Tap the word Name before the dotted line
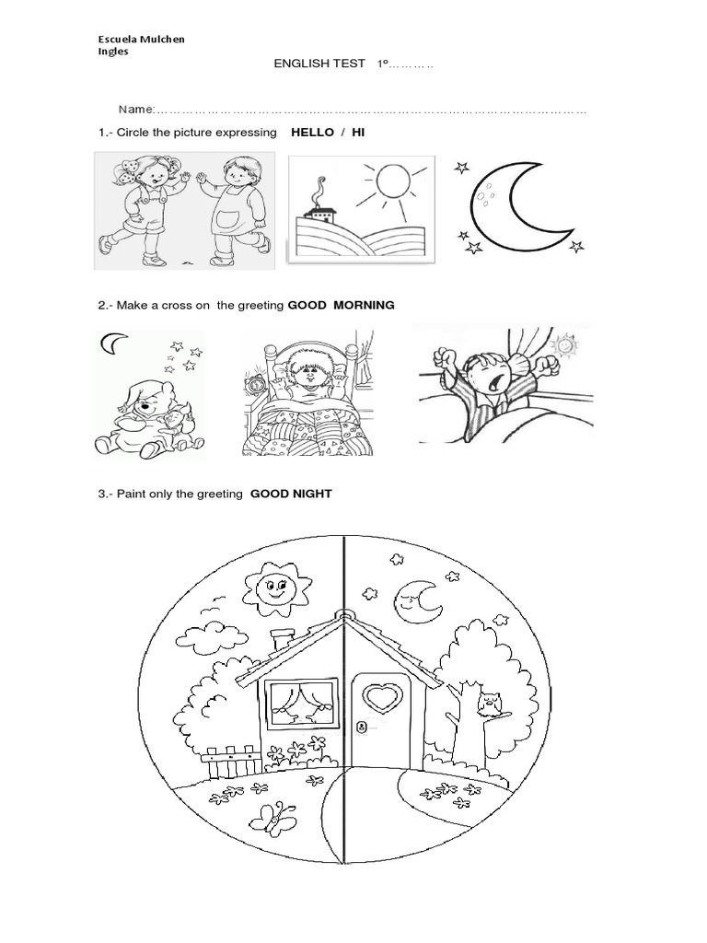(133, 110)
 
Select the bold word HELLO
(312, 133)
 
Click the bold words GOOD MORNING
(341, 305)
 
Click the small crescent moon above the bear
(112, 343)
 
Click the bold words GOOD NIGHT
(296, 494)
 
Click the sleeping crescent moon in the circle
(416, 600)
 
